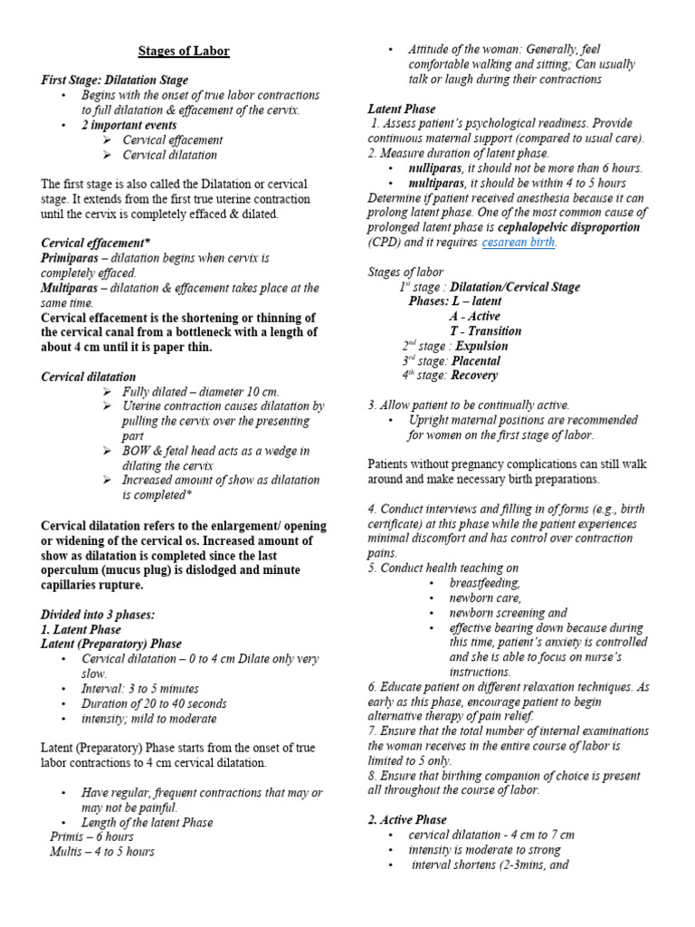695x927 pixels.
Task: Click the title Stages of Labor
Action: point(184,52)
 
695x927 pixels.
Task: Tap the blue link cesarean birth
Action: point(519,243)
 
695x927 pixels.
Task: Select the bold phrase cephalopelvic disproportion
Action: point(568,227)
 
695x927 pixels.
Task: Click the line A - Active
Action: point(474,316)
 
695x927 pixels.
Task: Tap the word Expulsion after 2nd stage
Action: point(481,346)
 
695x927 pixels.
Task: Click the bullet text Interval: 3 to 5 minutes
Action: point(140,689)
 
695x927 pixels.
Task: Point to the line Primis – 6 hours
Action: point(91,836)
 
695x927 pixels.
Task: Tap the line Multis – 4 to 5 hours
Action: point(102,852)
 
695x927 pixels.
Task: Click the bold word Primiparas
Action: point(72,258)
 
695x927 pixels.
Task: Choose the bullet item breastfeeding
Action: point(484,583)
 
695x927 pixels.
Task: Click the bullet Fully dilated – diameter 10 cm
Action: point(201,392)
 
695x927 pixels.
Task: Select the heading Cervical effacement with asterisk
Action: point(96,244)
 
